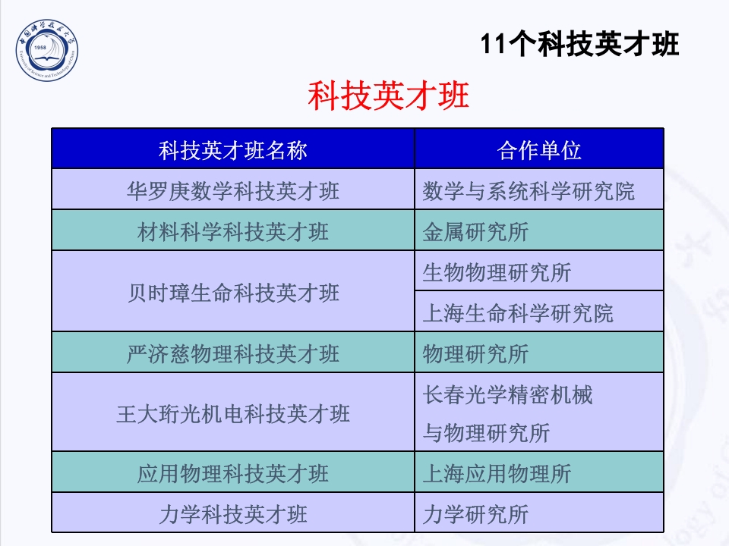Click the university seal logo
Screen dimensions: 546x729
pos(48,52)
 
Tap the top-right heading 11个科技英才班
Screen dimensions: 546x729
pos(580,45)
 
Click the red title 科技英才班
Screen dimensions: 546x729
pos(388,96)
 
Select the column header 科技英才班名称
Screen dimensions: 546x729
pos(233,150)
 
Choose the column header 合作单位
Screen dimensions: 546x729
pos(539,150)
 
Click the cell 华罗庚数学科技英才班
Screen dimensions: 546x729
pos(233,190)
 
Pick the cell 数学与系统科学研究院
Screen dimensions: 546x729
pos(529,190)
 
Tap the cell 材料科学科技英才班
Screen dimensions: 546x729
pos(233,231)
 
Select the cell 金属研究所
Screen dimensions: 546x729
pos(475,231)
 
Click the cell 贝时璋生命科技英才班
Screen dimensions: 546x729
pos(233,292)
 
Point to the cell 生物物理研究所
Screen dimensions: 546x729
pos(497,271)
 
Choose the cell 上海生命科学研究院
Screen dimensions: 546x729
pos(518,312)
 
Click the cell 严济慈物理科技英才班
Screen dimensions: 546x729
pos(233,353)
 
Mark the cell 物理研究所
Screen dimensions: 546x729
pos(475,353)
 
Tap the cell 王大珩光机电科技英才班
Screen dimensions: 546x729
pos(233,414)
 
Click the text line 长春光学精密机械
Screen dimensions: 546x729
pos(507,394)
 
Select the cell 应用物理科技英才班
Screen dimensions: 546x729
pos(233,474)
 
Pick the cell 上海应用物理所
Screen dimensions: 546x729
pos(497,474)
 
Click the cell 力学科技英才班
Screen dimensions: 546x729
pos(233,515)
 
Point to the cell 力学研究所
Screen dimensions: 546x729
pos(475,515)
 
